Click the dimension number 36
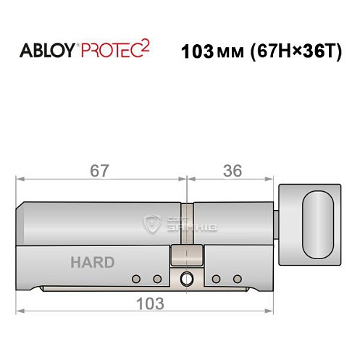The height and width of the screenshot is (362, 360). click(x=232, y=172)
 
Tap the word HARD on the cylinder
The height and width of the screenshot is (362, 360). click(x=92, y=262)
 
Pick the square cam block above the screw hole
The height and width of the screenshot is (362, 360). click(x=185, y=256)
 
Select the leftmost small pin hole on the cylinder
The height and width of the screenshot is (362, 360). click(x=135, y=279)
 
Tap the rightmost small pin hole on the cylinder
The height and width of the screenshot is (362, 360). click(x=237, y=279)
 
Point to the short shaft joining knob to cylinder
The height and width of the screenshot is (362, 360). click(x=277, y=217)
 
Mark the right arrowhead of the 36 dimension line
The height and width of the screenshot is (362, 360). click(x=275, y=177)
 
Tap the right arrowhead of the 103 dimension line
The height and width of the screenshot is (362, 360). click(x=275, y=311)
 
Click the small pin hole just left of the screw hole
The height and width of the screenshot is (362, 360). click(x=156, y=279)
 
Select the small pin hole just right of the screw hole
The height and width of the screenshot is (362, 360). click(x=216, y=279)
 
